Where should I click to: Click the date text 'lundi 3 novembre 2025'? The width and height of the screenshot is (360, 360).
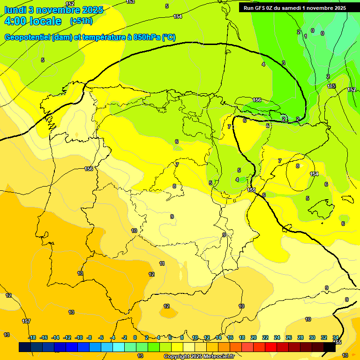tap(47, 9)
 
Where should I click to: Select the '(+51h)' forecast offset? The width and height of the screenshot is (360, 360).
tap(81, 21)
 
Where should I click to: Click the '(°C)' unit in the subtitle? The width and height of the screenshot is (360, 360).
tap(169, 37)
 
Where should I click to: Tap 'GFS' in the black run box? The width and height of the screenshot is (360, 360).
tap(261, 8)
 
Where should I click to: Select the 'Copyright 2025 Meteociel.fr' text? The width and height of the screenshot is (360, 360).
tap(199, 357)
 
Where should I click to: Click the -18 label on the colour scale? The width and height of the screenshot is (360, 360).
tap(32, 337)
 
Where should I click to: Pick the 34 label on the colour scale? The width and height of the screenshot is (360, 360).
tap(336, 337)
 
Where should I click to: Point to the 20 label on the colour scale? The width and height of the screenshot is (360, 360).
tap(254, 337)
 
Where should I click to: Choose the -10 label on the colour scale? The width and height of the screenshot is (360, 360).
tap(79, 337)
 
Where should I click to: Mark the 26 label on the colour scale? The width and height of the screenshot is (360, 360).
tap(289, 337)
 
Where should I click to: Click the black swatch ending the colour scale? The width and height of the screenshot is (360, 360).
tap(330, 347)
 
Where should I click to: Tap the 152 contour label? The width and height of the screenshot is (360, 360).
tap(70, 4)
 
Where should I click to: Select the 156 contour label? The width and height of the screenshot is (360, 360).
tap(257, 100)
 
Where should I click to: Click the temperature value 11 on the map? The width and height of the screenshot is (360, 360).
tap(162, 263)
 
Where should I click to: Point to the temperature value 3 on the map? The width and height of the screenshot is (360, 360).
tap(283, 63)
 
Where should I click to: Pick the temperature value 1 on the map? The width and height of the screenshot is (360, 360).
tap(306, 36)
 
